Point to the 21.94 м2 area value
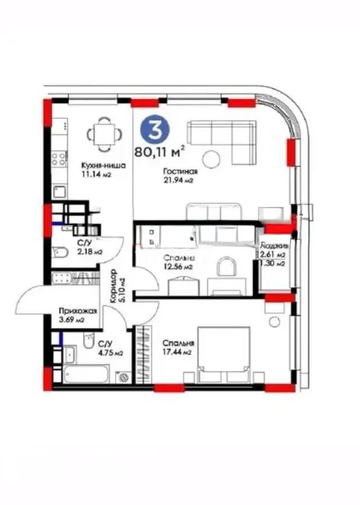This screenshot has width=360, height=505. click(179, 181)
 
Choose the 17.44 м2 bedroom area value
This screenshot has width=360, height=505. click(177, 352)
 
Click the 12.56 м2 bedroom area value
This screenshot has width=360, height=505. click(178, 267)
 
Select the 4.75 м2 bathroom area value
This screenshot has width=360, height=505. click(109, 352)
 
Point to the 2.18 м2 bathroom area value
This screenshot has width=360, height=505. click(90, 252)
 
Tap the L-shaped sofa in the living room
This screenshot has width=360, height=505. click(221, 137)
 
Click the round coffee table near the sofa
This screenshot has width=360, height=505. click(211, 159)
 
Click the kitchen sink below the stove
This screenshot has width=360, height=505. click(59, 191)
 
